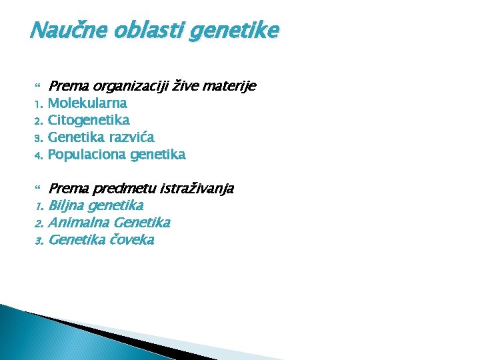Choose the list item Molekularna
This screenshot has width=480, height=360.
pyautogui.click(x=87, y=103)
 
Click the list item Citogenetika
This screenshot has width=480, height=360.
pyautogui.click(x=89, y=120)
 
